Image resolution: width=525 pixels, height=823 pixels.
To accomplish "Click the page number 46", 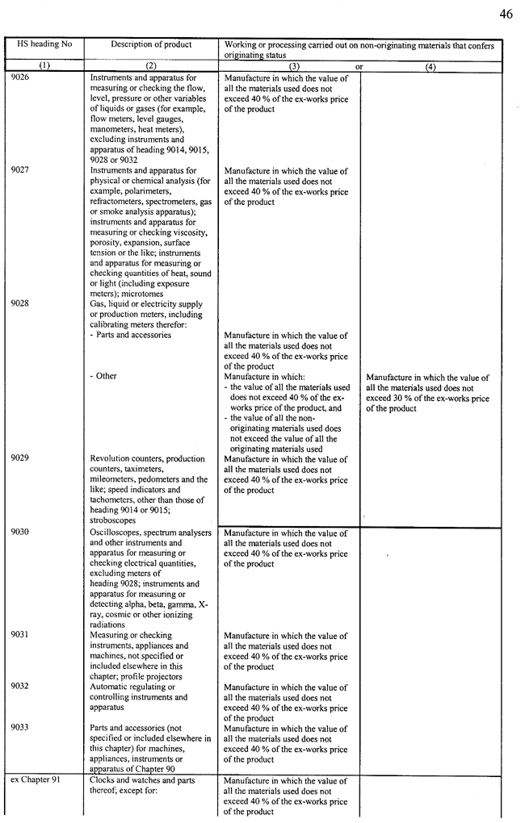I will coord(506,15).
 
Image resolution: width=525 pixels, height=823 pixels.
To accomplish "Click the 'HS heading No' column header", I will coord(44,44).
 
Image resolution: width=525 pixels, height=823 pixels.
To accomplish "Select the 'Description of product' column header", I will coord(151,44).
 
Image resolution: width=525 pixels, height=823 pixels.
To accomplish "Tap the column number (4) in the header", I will coord(430,67).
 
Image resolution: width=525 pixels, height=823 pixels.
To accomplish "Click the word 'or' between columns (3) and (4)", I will coord(359,67).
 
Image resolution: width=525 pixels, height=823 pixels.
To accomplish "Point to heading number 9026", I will coord(21,78).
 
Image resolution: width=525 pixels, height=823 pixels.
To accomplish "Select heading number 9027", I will coord(21,171).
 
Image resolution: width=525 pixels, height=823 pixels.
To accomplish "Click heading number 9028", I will coord(21,304).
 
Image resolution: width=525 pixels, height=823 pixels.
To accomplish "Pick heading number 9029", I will coord(21,459).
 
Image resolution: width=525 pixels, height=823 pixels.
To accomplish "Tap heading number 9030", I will coord(21,533).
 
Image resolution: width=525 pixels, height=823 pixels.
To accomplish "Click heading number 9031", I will coord(21,636).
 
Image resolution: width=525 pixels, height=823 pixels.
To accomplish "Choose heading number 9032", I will coord(21,687).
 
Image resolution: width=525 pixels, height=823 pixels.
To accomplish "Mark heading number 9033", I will coord(21,729).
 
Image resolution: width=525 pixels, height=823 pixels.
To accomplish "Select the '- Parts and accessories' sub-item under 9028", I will coord(130,336).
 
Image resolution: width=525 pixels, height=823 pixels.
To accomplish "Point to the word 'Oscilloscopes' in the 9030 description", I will coord(117,533).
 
